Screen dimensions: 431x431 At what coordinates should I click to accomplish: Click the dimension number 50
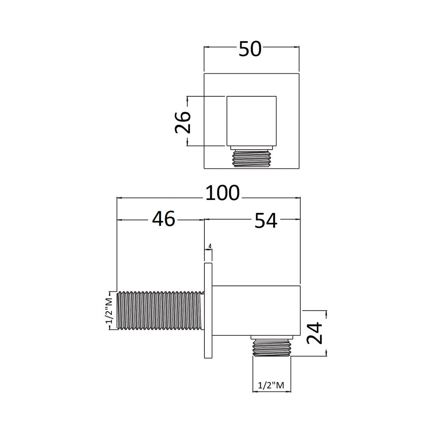pyautogui.click(x=250, y=49)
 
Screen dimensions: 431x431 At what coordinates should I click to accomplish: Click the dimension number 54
pyautogui.click(x=266, y=221)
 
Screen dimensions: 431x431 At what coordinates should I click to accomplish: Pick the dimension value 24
pyautogui.click(x=314, y=333)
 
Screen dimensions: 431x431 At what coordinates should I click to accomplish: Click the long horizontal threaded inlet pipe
pyautogui.click(x=161, y=311)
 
